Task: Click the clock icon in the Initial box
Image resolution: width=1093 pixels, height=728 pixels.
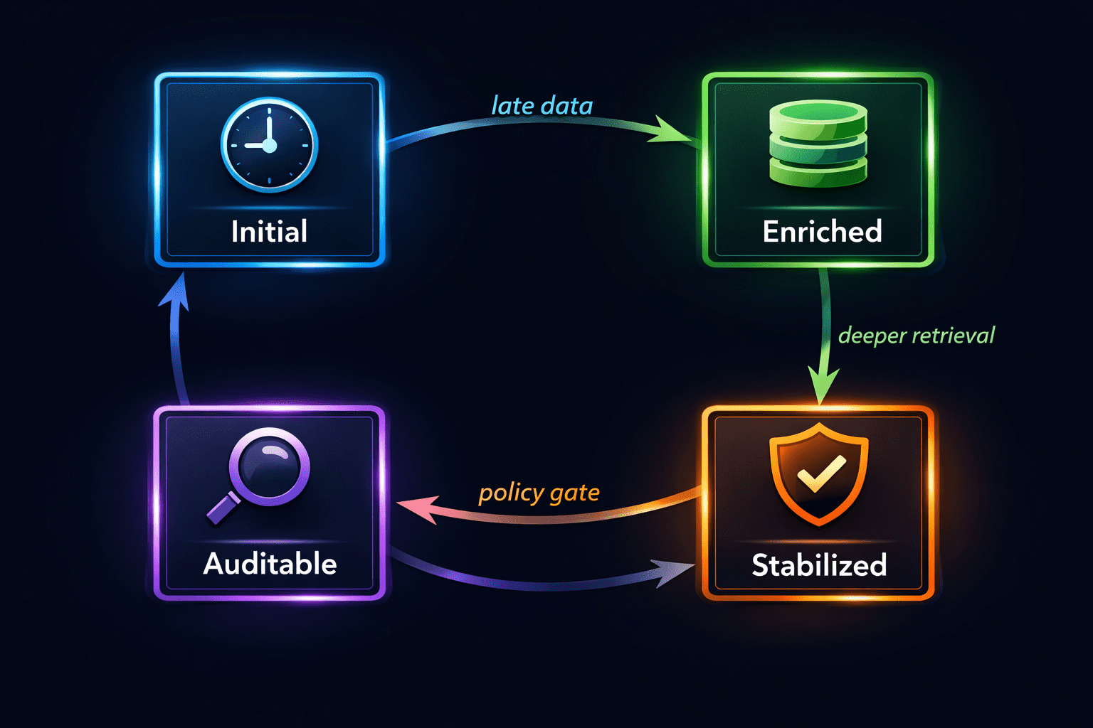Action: pyautogui.click(x=270, y=144)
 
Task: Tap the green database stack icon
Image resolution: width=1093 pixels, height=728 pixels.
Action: pyautogui.click(x=818, y=144)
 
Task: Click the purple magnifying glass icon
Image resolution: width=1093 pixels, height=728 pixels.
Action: pyautogui.click(x=258, y=476)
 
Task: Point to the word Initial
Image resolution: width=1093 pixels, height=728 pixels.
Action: pyautogui.click(x=270, y=231)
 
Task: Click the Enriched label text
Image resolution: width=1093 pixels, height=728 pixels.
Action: pyautogui.click(x=823, y=231)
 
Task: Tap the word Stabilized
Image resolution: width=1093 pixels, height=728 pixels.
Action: pyautogui.click(x=819, y=564)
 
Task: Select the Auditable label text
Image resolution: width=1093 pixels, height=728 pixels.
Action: pyautogui.click(x=270, y=564)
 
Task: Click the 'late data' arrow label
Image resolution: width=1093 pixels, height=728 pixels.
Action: pyautogui.click(x=542, y=106)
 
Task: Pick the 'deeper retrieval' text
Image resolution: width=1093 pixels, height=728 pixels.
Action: pyautogui.click(x=917, y=336)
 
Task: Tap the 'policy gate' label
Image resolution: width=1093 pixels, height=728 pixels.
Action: pyautogui.click(x=539, y=493)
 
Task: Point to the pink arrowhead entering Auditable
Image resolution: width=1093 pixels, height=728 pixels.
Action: pyautogui.click(x=417, y=508)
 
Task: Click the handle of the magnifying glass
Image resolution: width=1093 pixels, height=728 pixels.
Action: pyautogui.click(x=222, y=509)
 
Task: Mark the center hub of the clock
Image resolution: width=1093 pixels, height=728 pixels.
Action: pyautogui.click(x=270, y=145)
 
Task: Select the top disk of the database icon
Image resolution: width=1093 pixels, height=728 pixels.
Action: pyautogui.click(x=818, y=113)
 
